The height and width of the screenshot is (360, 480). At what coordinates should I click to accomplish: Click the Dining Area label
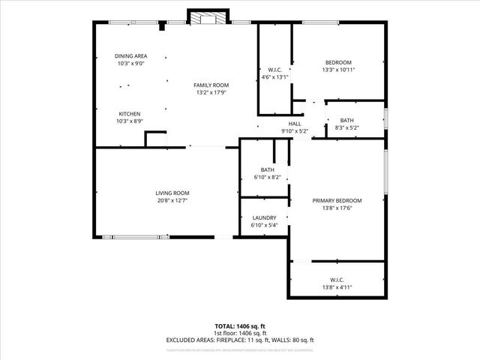pos(130,56)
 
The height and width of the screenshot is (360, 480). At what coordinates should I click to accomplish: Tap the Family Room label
pos(211,85)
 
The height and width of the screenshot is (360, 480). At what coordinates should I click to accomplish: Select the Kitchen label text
pos(129,113)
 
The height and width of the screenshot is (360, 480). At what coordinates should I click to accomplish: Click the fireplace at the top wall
pos(200,17)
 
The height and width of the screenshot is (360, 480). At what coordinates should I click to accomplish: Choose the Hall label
pos(295,124)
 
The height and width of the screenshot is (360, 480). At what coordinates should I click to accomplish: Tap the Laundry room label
pos(264,217)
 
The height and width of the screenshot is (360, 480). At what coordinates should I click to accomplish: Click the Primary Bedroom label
pos(337,200)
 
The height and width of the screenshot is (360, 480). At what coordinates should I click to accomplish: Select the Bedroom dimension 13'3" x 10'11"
pos(337,70)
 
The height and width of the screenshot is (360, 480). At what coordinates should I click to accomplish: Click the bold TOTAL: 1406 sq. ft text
pos(239,326)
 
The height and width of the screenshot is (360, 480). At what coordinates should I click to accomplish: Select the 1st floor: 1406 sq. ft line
pos(239,333)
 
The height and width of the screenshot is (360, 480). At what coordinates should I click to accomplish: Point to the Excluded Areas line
pos(239,340)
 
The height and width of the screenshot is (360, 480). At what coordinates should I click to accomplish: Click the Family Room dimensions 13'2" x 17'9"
pos(211,94)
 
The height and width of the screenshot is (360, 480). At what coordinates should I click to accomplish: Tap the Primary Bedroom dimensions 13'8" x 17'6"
pos(337,208)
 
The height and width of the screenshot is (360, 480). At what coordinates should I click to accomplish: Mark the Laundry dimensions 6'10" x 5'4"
pos(264,225)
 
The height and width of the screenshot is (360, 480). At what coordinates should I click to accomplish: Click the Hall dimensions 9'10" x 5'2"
pos(295,131)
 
